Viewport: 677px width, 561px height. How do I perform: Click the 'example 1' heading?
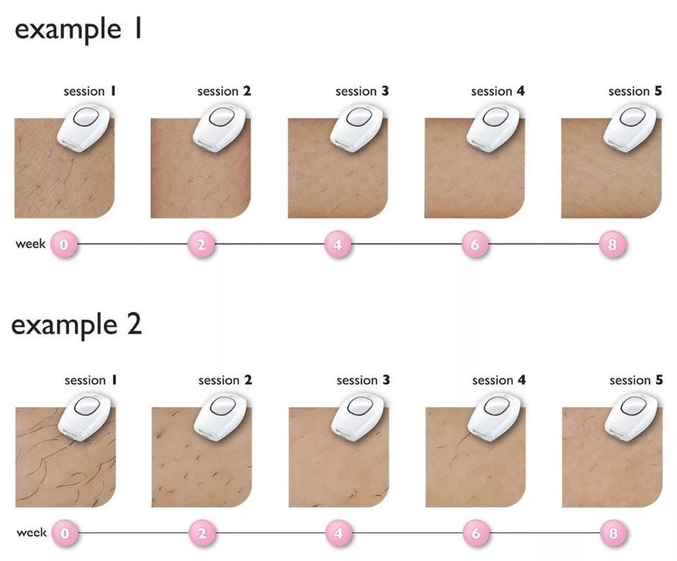coord(78,30)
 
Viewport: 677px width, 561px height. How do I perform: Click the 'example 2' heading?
coord(76,325)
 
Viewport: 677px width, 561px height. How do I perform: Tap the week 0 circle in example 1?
coord(64,245)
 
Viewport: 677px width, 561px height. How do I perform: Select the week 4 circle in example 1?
coord(338,245)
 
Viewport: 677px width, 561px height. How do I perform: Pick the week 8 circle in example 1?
coord(612,245)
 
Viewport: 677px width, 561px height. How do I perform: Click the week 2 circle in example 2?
coord(202,533)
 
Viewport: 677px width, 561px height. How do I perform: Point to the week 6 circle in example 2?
coord(476,533)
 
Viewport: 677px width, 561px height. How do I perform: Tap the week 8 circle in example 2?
coord(613,533)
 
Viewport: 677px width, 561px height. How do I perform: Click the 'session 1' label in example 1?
coord(90,91)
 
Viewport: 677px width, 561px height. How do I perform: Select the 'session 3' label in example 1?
coord(362,91)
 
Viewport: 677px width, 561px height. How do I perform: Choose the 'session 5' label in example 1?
coord(635,91)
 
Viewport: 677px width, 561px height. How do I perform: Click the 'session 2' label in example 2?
coord(225,380)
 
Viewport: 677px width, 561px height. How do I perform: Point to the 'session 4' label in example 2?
coord(499,380)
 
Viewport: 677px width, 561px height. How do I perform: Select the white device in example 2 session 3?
coord(360,416)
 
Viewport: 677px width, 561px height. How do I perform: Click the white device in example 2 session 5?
coord(633,416)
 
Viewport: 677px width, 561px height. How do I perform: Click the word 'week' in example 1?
coord(30,244)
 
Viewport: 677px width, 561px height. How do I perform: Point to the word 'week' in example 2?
coord(31,533)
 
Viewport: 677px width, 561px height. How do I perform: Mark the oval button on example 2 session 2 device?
coord(222,406)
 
